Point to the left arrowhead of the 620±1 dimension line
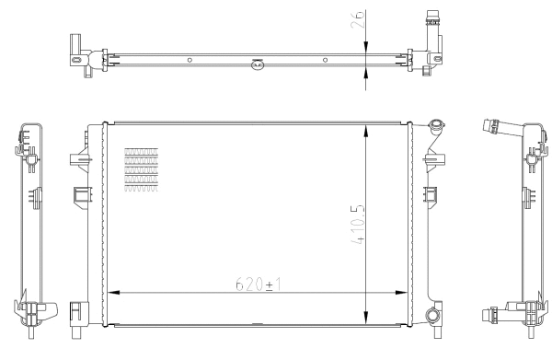tap(114, 294)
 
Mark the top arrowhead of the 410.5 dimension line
tap(368, 128)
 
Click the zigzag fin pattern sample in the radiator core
tap(141, 172)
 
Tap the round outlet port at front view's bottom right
tap(432, 318)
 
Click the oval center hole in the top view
tap(258, 64)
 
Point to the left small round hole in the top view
tap(190, 60)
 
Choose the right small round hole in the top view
tap(325, 60)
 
